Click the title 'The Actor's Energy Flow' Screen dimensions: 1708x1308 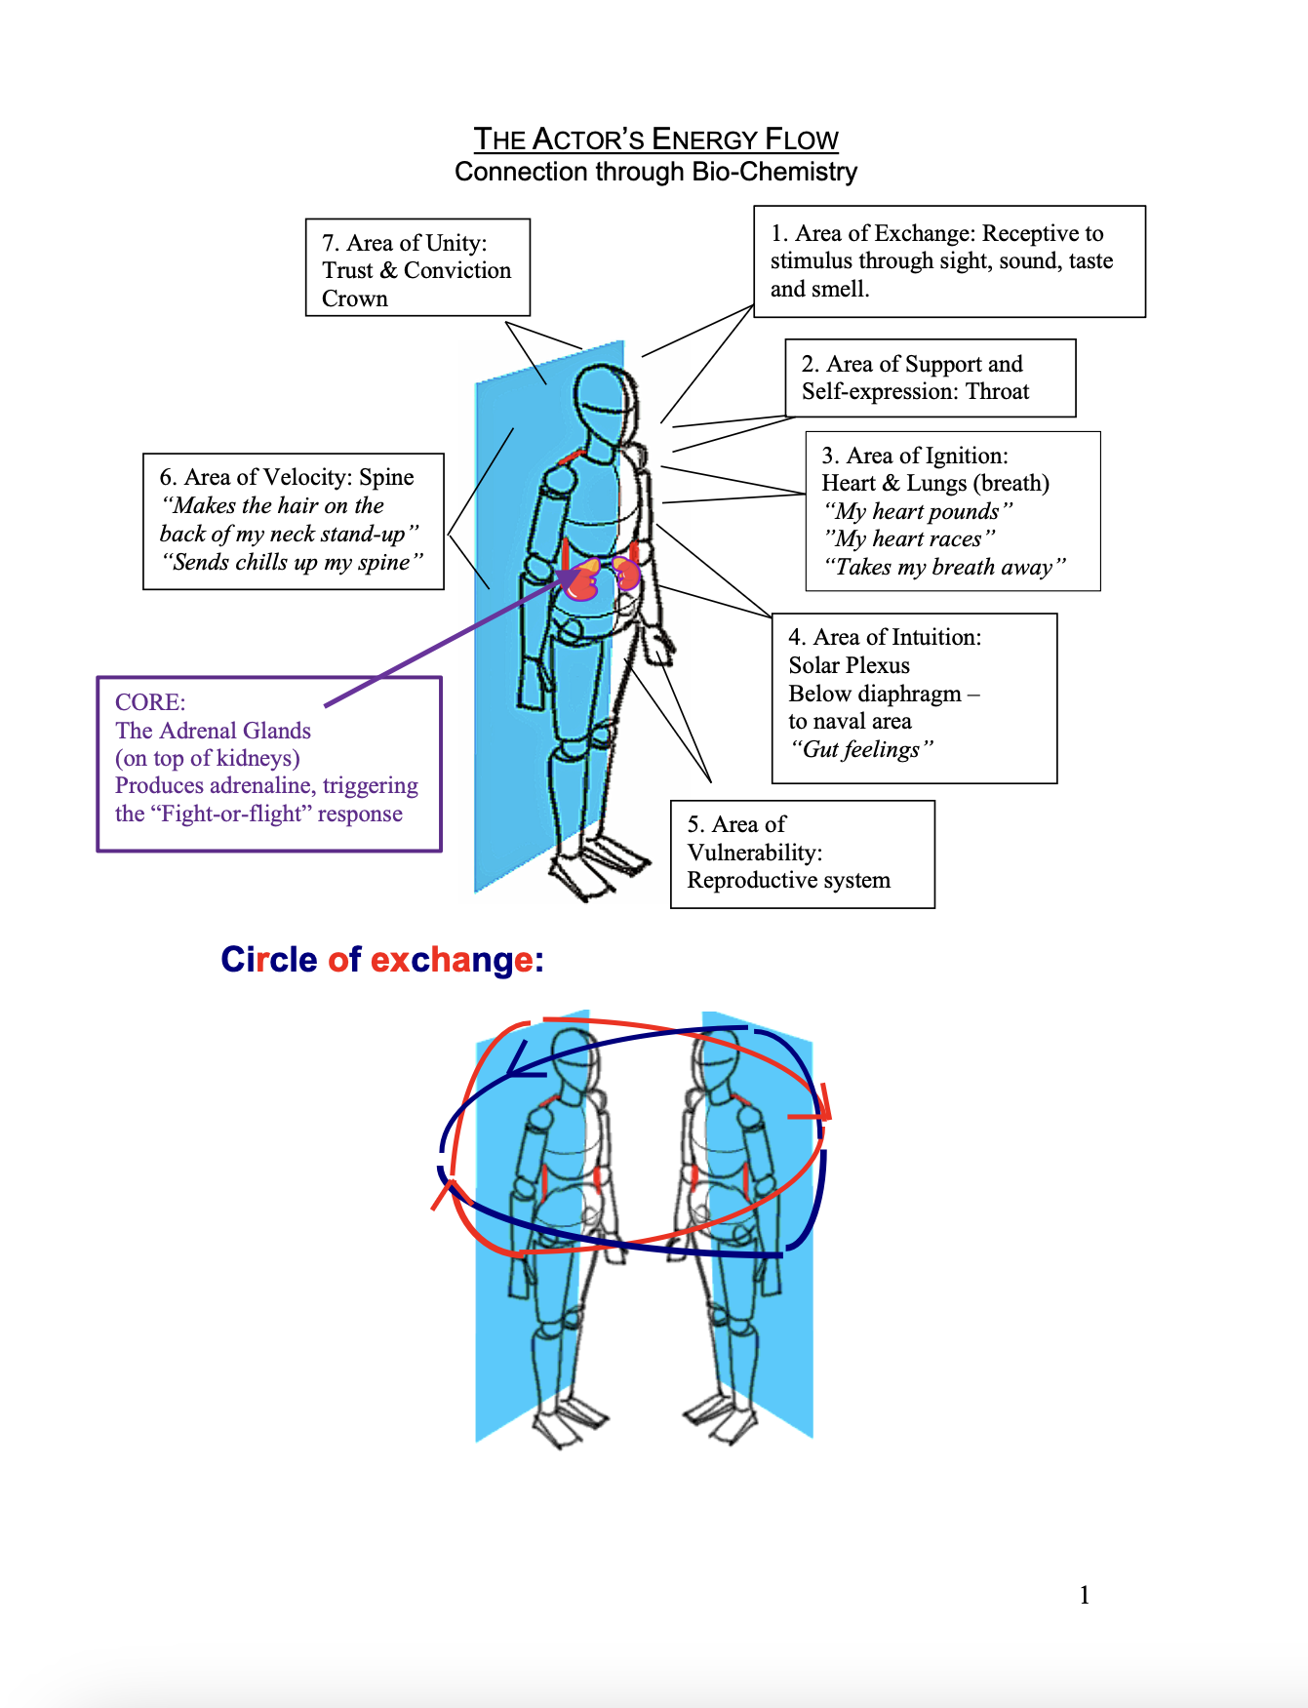point(655,139)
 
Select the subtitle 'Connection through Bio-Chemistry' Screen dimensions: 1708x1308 point(655,173)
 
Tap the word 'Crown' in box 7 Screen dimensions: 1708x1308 point(355,298)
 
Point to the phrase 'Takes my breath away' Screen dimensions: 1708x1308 point(944,568)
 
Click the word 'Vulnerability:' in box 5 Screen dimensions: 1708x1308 point(754,853)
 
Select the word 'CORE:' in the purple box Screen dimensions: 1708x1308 point(150,702)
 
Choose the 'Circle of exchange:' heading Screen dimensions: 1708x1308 point(382,960)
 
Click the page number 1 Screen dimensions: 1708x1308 point(1084,1595)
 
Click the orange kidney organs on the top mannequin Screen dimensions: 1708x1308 point(604,577)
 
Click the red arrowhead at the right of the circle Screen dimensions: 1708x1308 point(821,1112)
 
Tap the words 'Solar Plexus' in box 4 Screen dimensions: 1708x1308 point(849,665)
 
